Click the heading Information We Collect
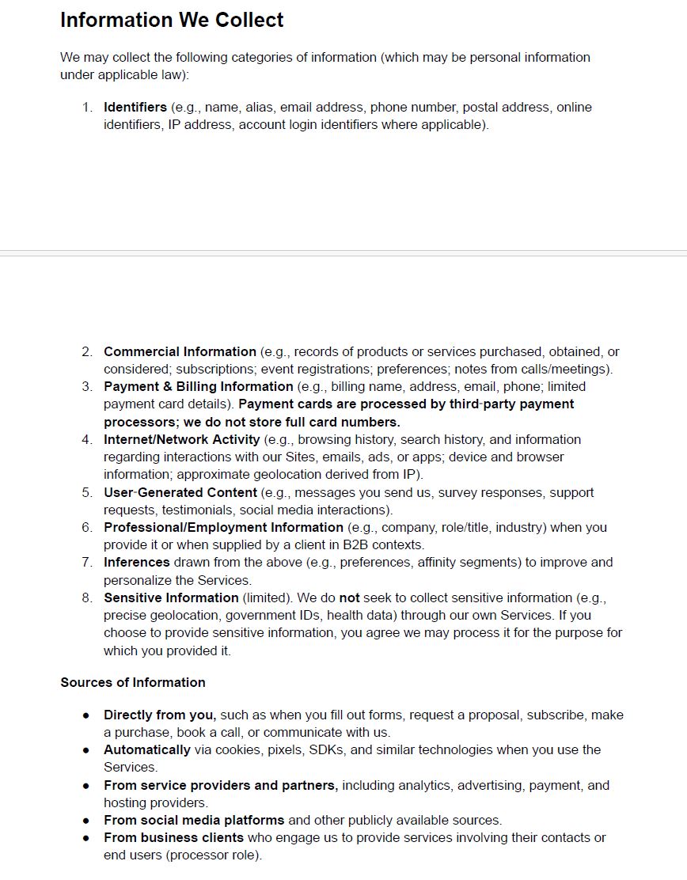point(172,20)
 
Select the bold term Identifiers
point(135,107)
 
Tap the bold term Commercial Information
point(180,351)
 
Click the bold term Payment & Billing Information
point(198,386)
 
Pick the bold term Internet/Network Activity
point(181,439)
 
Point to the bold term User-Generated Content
point(180,492)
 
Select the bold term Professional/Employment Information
point(223,527)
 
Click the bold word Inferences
point(136,562)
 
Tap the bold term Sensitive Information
point(171,597)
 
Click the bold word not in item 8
point(349,597)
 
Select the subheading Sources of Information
point(133,682)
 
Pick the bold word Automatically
point(147,749)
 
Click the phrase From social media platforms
point(194,820)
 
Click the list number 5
point(87,492)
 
